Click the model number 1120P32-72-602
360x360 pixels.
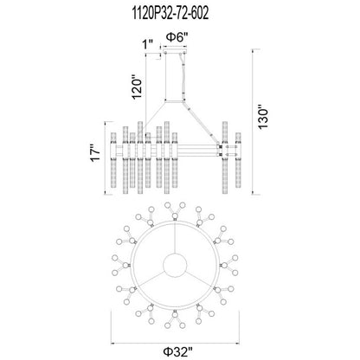(x=179, y=10)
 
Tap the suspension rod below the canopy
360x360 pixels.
(x=181, y=78)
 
